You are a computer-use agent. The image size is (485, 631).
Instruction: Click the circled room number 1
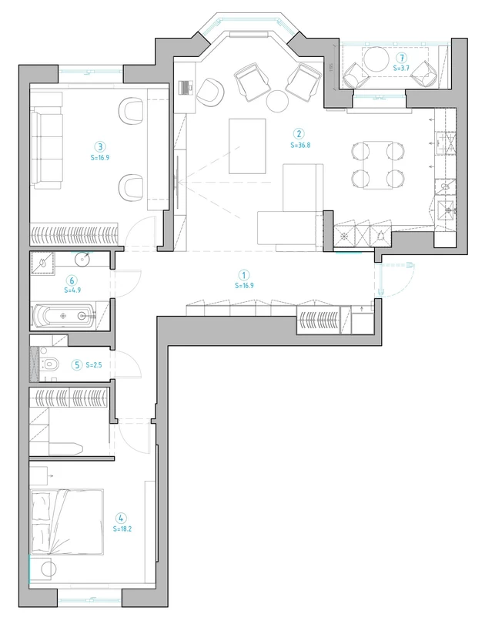pos(244,275)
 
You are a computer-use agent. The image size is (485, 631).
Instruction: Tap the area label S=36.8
pos(300,145)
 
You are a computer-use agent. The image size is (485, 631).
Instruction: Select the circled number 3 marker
pos(100,146)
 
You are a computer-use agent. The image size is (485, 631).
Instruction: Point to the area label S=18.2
pos(122,529)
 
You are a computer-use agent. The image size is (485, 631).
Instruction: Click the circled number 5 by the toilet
pos(76,365)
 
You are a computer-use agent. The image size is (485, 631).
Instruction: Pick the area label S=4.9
pos(72,290)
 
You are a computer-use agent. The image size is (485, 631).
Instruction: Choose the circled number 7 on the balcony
pos(401,58)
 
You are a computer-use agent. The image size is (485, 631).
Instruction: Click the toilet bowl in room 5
pos(48,364)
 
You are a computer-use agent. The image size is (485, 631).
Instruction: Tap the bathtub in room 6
pos(64,316)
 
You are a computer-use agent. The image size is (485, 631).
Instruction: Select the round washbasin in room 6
pos(82,259)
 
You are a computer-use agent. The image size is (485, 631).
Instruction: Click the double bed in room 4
pos(67,522)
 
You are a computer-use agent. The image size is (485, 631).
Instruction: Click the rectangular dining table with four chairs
pos(378,165)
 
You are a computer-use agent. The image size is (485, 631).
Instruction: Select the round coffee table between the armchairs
pos(277,101)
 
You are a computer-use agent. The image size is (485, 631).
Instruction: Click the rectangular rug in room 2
pos(247,146)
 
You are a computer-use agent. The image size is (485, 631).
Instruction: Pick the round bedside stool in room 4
pos(49,569)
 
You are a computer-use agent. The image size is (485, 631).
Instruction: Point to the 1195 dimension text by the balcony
pos(332,67)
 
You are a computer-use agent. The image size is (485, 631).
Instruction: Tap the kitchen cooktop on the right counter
pos(446,143)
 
